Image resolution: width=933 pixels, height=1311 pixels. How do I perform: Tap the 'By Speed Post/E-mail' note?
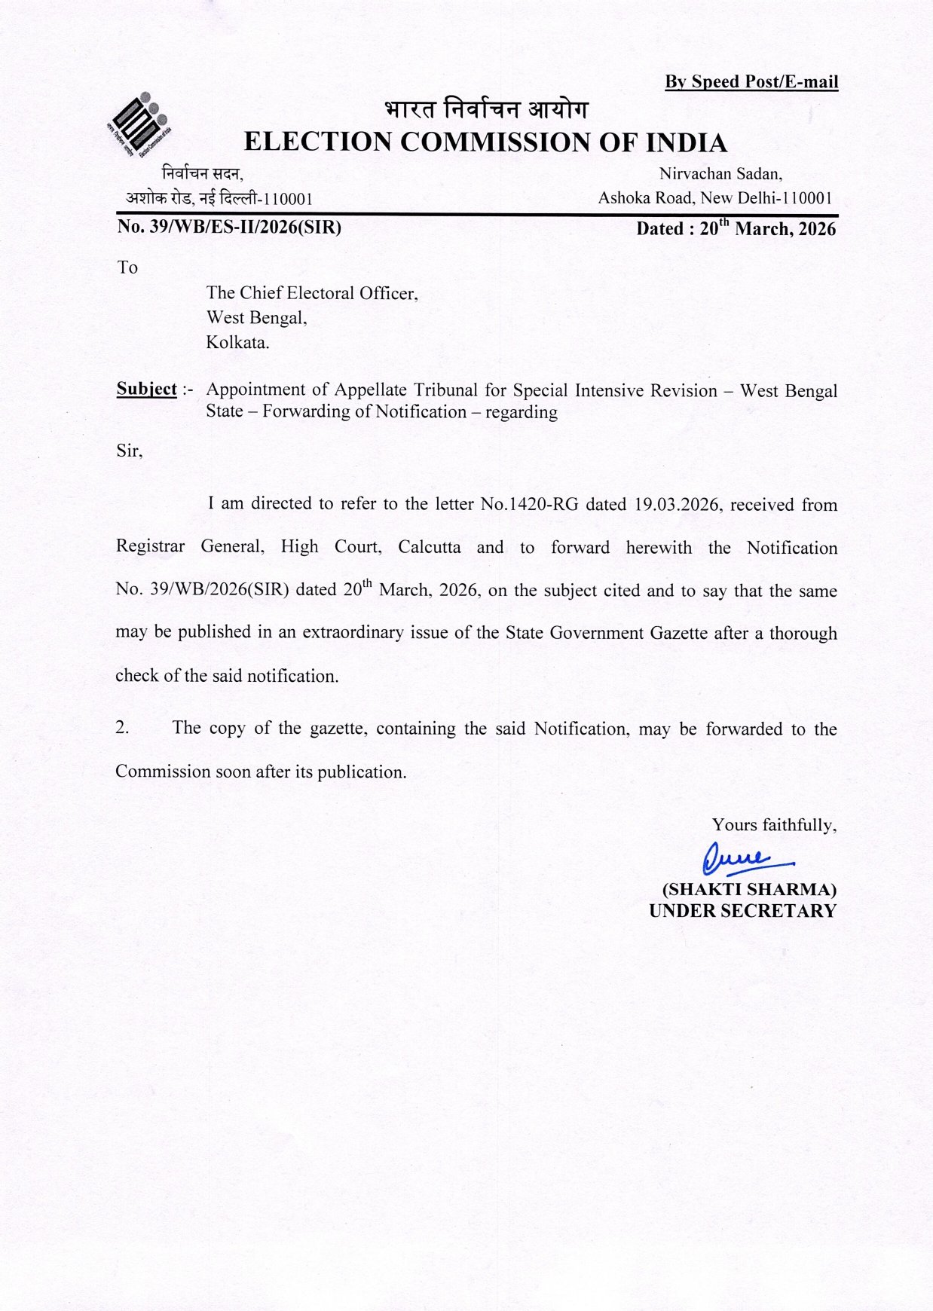tap(751, 81)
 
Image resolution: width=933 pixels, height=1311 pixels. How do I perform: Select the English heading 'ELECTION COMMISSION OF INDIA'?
tap(485, 142)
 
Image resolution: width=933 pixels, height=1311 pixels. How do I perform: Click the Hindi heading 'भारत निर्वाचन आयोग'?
tap(485, 110)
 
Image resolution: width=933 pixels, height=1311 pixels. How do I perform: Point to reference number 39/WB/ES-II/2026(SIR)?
tap(229, 227)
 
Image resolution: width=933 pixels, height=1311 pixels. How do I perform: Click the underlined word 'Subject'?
tap(146, 389)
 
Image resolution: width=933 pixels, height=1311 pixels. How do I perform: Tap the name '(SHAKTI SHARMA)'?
tap(748, 889)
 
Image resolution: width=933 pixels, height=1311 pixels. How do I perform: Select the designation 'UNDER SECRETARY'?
tap(742, 911)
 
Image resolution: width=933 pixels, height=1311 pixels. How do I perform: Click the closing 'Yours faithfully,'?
tap(774, 825)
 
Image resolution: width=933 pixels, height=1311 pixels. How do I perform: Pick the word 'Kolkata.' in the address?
tap(237, 342)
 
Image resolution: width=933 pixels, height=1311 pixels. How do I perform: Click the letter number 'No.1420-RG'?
tap(529, 504)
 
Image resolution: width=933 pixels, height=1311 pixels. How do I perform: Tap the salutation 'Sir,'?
tap(129, 451)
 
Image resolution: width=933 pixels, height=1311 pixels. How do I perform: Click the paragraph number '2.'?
tap(123, 728)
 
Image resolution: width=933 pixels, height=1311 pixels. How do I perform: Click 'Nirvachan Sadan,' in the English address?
tap(720, 174)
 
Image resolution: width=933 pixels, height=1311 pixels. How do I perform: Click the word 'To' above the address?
tap(127, 267)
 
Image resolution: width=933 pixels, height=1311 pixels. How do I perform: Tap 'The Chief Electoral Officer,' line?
tap(312, 293)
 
